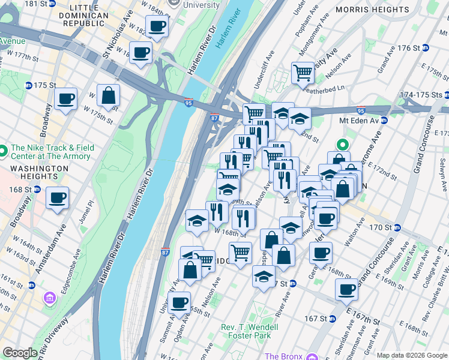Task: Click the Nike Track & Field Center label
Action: tap(50, 152)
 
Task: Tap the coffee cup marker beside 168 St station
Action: tap(58, 197)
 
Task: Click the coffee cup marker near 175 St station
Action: tap(65, 98)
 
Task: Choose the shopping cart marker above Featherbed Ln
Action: tap(303, 73)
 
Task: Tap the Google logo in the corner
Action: tap(20, 353)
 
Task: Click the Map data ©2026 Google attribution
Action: tap(412, 355)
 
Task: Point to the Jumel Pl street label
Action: tap(91, 210)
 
